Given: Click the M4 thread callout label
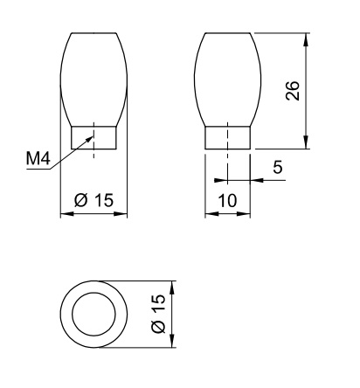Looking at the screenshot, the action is pos(38,159).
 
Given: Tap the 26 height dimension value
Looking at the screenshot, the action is pos(293,91).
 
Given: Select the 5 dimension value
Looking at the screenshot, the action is pos(278,167).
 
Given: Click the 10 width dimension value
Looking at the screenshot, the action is pos(227,201).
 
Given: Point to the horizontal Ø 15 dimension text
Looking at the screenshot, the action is pos(93,200).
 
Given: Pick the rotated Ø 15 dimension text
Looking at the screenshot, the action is pos(158,314).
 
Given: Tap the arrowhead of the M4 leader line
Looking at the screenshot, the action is pos(89,140).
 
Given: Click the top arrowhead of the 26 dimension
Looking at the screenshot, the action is pos(305,40).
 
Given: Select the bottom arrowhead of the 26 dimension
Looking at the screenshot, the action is pos(305,142).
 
